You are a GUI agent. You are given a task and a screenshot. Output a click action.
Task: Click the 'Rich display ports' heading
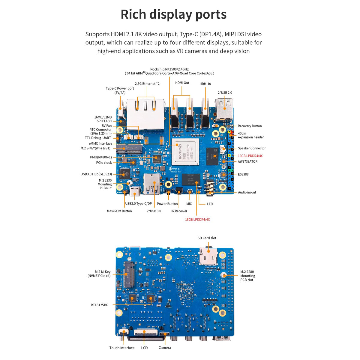173,14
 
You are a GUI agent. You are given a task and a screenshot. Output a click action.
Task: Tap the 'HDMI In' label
205,84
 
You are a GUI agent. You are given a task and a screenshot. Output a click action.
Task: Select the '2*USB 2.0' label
225,93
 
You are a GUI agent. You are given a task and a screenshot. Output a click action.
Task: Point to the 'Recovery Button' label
250,126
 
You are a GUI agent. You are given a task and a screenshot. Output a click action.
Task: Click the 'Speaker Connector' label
252,148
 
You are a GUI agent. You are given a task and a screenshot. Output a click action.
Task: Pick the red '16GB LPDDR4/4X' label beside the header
250,156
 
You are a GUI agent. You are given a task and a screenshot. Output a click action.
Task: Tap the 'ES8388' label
243,174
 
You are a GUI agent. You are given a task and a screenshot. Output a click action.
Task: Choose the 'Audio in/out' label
247,192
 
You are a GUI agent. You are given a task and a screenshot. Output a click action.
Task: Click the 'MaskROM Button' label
119,211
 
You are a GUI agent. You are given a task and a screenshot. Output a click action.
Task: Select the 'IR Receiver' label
179,211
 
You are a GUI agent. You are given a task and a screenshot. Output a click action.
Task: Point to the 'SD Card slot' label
207,238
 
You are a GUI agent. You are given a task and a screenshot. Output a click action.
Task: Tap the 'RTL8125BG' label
100,305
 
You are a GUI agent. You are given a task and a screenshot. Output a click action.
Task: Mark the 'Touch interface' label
122,348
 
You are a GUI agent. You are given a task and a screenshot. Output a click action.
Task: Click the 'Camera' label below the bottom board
165,348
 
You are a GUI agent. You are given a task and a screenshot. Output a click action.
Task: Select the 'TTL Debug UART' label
98,138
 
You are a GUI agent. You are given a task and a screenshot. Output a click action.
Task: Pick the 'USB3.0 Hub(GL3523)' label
96,174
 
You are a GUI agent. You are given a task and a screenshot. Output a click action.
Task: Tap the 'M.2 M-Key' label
103,272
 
